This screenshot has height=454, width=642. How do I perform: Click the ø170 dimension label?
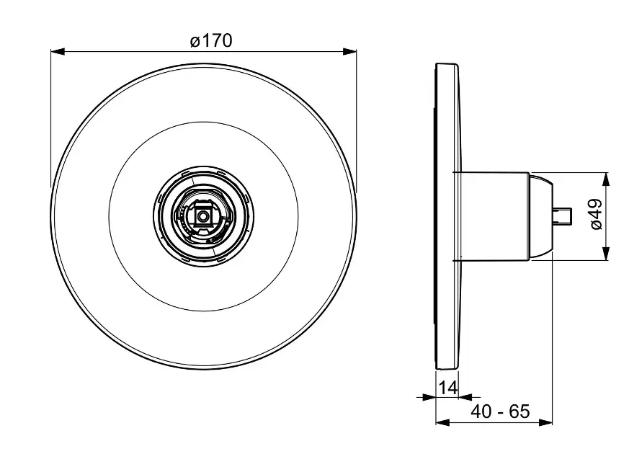point(211,41)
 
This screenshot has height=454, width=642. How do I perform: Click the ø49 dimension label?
point(597,215)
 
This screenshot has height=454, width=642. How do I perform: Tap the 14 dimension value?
point(447,387)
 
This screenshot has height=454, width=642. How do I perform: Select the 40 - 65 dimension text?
point(500,411)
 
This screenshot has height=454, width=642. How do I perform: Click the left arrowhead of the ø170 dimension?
point(58,52)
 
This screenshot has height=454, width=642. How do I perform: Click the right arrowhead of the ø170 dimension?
point(349,52)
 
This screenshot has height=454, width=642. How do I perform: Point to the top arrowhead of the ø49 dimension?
point(607,179)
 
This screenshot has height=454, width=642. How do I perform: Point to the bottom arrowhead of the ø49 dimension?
point(607,253)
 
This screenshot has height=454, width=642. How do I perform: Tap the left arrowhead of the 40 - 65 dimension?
point(442,422)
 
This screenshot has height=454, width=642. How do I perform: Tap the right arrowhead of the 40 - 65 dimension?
point(545,422)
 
